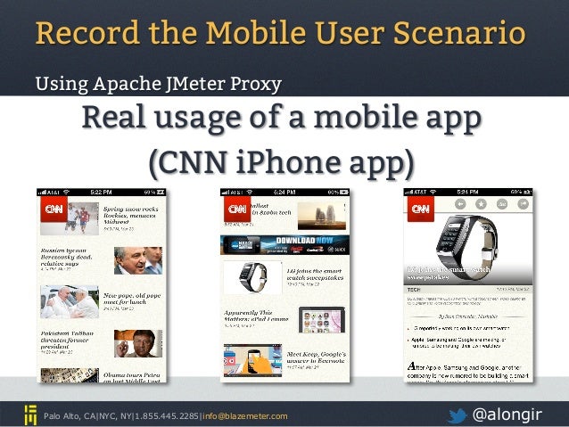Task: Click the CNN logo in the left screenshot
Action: [x=50, y=212]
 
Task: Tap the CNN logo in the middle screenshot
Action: [x=237, y=210]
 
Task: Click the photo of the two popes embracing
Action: [x=69, y=301]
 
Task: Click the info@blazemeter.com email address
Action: [x=246, y=415]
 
